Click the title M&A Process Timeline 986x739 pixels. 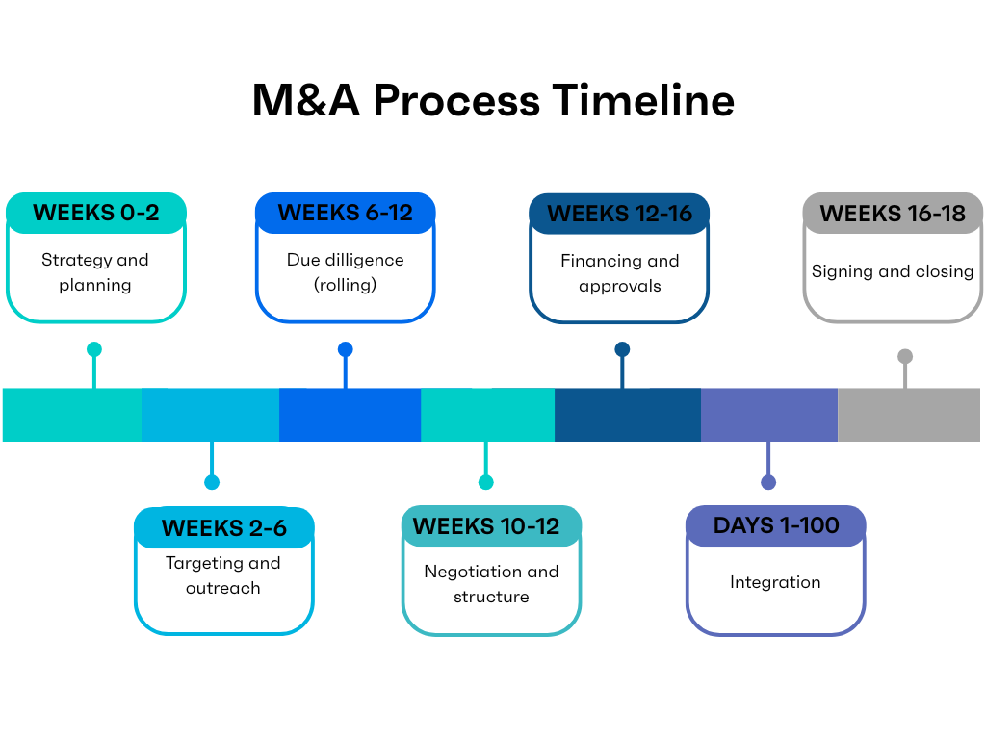tap(493, 101)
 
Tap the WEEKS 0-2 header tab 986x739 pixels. tap(95, 213)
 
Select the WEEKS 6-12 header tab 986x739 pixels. tap(345, 213)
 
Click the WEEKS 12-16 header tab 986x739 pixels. tap(619, 214)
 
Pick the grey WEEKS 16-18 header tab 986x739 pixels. tap(893, 214)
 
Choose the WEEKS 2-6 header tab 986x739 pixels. tap(223, 528)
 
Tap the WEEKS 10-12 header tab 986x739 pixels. tap(491, 526)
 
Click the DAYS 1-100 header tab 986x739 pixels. tap(775, 525)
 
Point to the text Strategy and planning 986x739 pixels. tap(95, 272)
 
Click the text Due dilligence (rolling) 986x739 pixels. tap(345, 272)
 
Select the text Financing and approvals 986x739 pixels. tap(619, 273)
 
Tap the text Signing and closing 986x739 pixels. tap(893, 271)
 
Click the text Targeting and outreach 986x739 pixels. tap(223, 575)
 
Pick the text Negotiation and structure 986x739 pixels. tap(491, 584)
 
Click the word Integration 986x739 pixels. tap(775, 582)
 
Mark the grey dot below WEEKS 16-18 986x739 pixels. tap(905, 356)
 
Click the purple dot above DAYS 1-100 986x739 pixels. tap(767, 482)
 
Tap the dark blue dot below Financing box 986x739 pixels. tap(622, 349)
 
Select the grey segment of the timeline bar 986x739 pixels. tap(909, 415)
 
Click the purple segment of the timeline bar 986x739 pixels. tap(769, 415)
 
